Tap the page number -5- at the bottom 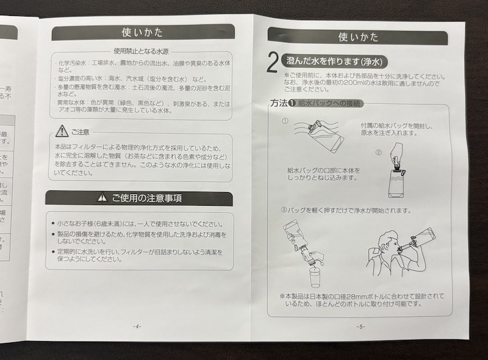(361, 326)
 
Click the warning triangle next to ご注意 (62, 131)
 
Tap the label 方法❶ (283, 104)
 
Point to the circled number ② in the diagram (378, 152)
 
